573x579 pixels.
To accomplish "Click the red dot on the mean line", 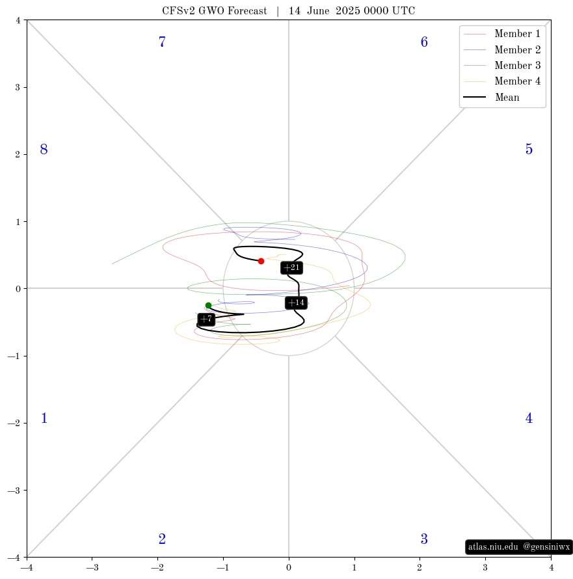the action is tap(261, 261).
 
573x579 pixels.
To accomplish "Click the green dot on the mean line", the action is tap(208, 305).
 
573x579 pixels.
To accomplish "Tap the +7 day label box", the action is tap(206, 319).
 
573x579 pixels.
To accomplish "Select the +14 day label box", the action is tap(296, 303).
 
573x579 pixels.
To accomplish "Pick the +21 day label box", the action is tap(291, 268).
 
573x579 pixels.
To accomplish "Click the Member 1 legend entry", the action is tap(502, 34).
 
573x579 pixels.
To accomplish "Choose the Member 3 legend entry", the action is tap(502, 65).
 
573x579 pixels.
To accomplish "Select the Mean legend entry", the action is tap(492, 97).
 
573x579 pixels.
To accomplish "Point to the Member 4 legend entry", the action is tap(502, 81).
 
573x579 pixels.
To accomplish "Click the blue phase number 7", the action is tap(162, 42).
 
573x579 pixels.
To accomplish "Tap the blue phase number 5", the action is tap(529, 149).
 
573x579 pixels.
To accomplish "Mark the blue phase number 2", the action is tap(162, 539).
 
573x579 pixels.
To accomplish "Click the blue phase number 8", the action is tap(44, 149).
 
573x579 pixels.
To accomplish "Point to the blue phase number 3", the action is tap(424, 539).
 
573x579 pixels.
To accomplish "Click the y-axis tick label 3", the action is tap(18, 88).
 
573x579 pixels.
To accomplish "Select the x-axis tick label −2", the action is tap(157, 567).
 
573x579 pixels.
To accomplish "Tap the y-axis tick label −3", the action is tap(15, 491).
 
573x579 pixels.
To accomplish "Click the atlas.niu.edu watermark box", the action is tap(519, 546).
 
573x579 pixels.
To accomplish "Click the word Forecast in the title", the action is tap(247, 10).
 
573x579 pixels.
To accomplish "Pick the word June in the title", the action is tap(318, 10).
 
